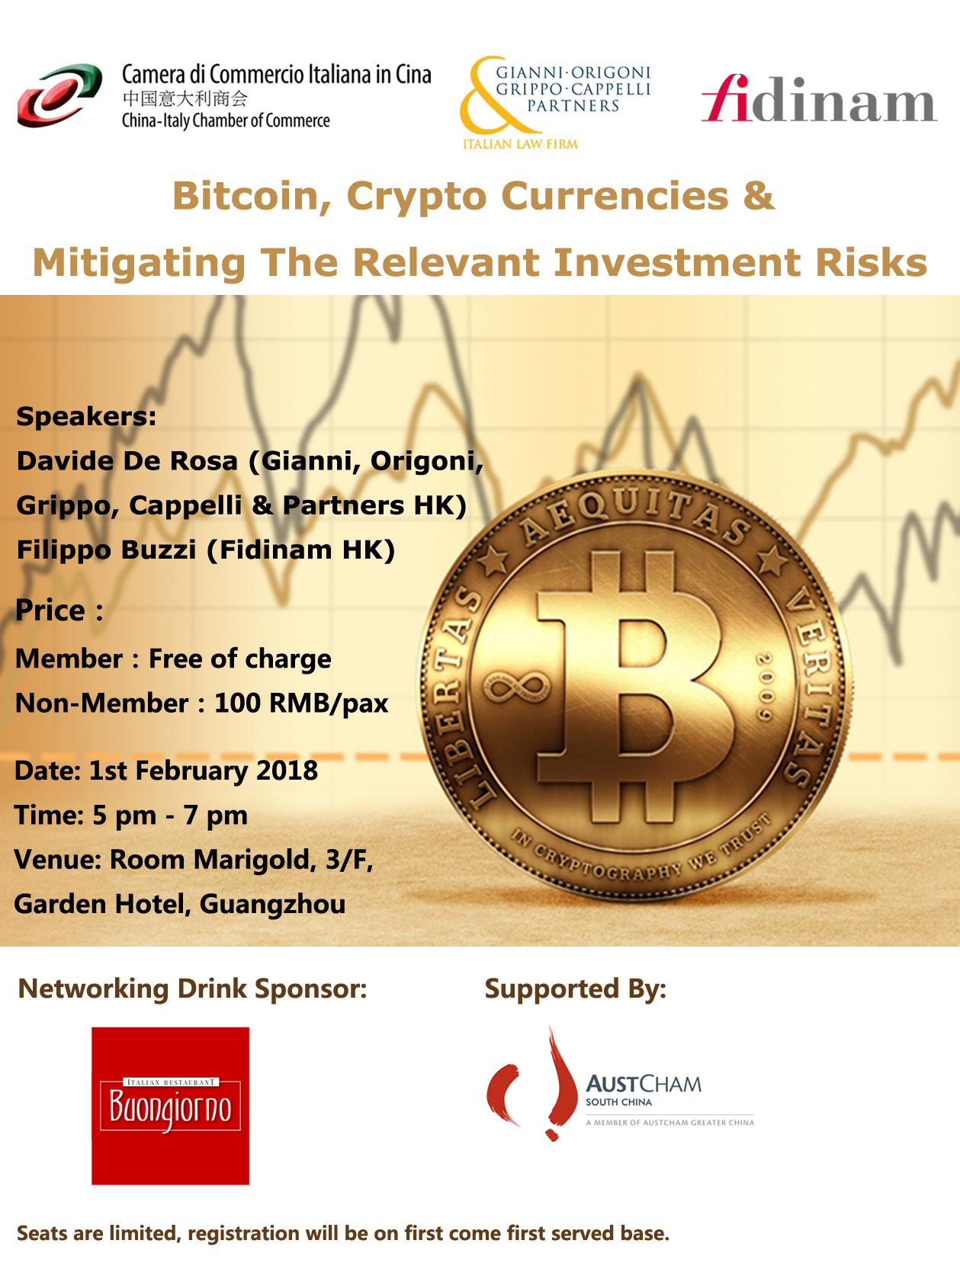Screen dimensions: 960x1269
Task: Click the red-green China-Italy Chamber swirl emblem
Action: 59,95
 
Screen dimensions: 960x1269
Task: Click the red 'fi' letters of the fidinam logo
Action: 727,98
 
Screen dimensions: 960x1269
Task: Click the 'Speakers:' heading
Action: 86,416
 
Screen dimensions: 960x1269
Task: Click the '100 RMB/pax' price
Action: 301,703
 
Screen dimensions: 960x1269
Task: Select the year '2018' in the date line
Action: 287,771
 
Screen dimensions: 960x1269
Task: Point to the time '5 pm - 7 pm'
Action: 170,816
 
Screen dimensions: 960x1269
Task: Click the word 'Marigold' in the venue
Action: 255,860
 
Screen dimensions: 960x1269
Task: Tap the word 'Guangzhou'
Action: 272,905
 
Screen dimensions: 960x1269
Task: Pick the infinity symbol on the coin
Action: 516,687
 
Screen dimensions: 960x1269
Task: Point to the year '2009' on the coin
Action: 765,686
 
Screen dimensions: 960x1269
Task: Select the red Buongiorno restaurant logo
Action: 171,1106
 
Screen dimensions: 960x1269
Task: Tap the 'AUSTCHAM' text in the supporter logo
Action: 644,1084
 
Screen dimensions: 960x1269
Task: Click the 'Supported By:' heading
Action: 576,989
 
